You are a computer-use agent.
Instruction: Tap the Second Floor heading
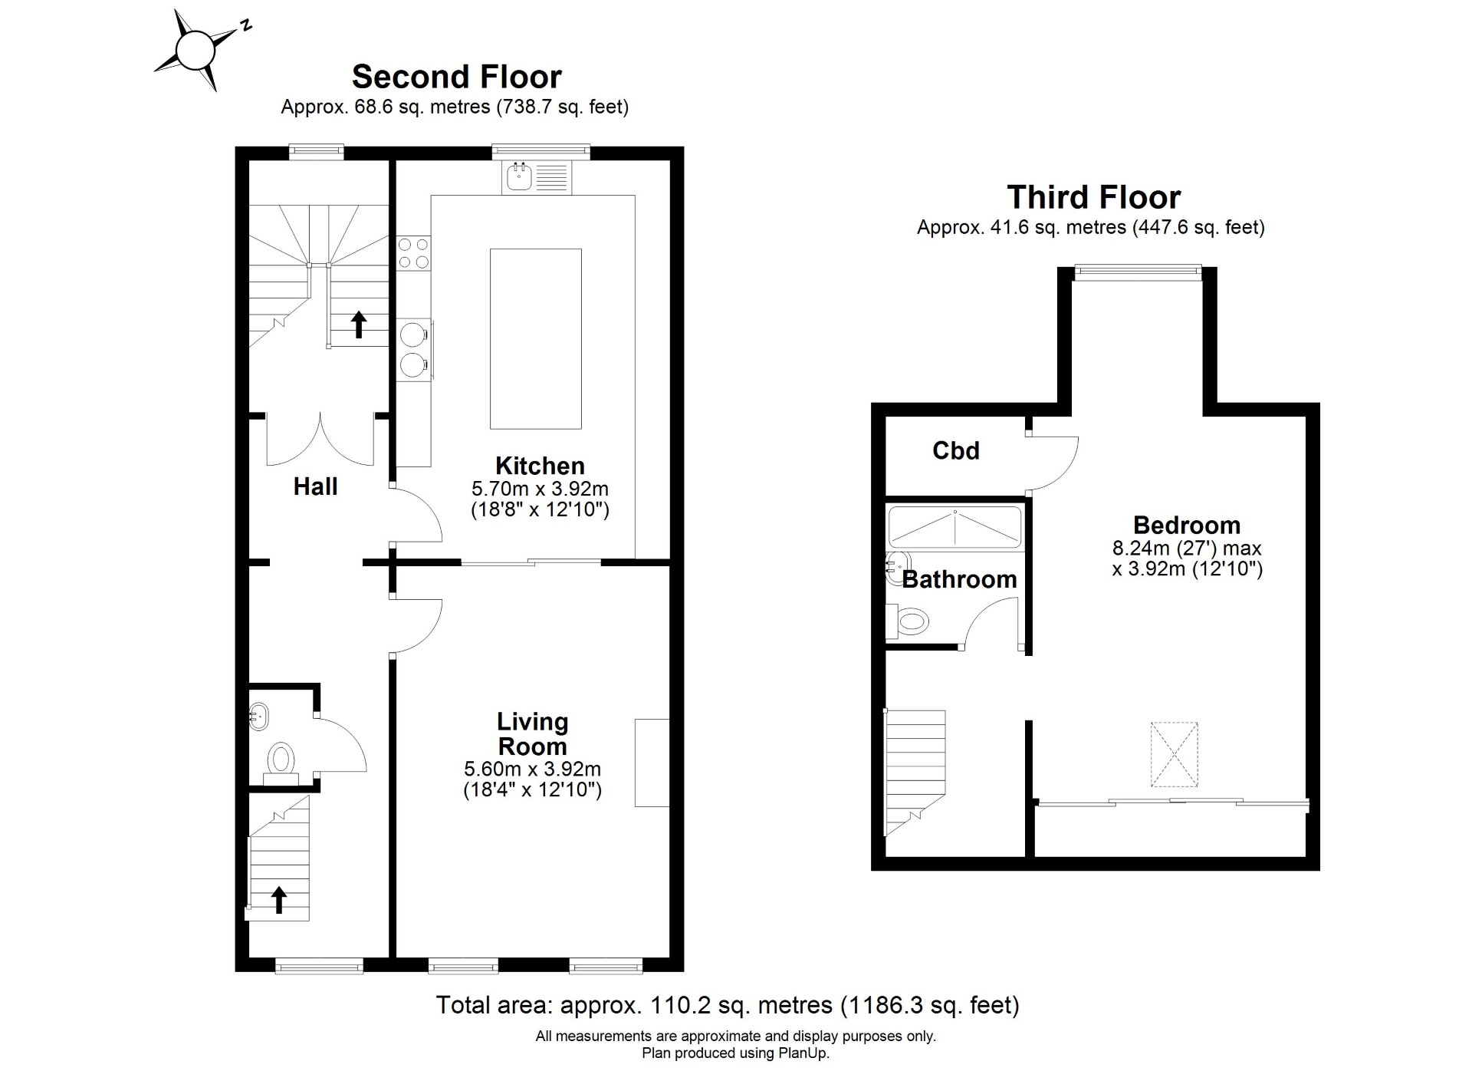tap(456, 77)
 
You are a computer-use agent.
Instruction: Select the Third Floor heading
tap(1093, 197)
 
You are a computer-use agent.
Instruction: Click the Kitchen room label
tap(540, 466)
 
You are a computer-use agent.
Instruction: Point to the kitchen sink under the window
tap(537, 177)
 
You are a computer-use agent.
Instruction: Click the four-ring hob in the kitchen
tap(414, 253)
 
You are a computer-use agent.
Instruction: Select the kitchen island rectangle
tap(535, 338)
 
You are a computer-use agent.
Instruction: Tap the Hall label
tap(315, 486)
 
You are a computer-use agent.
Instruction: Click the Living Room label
tap(532, 734)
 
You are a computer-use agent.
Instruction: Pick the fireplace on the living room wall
tap(652, 763)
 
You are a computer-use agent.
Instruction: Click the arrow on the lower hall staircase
tap(279, 899)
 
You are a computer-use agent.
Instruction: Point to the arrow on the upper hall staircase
tap(358, 324)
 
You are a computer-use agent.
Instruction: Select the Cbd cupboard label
tap(956, 450)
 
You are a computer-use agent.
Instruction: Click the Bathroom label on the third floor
tap(959, 579)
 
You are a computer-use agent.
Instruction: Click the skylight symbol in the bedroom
tap(1174, 754)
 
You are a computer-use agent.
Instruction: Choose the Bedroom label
tap(1187, 526)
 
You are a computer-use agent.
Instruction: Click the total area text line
tap(728, 1004)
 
